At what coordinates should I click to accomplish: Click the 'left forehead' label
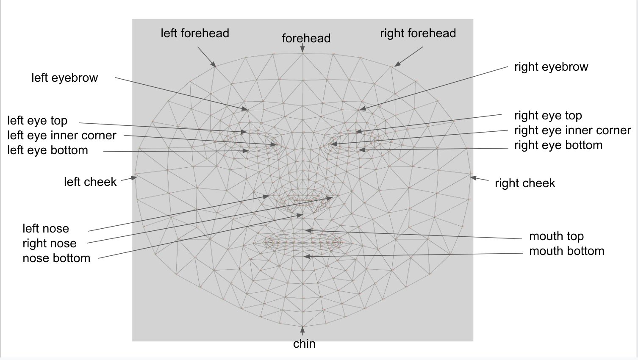click(195, 33)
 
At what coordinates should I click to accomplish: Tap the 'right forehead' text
click(418, 33)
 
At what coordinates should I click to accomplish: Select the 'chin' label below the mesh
click(304, 344)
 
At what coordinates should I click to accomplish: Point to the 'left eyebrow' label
click(65, 78)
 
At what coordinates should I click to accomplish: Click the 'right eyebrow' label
click(551, 67)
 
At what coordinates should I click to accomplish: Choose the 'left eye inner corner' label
click(62, 135)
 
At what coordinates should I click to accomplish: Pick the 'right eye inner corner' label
click(572, 130)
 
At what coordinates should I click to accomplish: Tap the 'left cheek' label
click(90, 182)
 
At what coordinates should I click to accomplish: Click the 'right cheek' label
click(525, 183)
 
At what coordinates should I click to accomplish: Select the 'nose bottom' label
click(56, 258)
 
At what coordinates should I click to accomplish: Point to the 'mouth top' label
click(556, 236)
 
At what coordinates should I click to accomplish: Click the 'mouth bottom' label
click(566, 251)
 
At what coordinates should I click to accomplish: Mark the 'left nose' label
click(46, 228)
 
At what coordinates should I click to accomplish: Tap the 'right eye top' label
click(548, 116)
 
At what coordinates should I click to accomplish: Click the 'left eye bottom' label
click(47, 150)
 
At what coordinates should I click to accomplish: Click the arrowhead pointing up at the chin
click(302, 330)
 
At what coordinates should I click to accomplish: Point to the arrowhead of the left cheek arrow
click(134, 178)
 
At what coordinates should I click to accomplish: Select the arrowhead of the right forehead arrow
click(398, 64)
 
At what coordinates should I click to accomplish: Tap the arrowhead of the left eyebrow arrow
click(245, 108)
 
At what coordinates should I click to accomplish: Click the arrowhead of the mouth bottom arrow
click(307, 257)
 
